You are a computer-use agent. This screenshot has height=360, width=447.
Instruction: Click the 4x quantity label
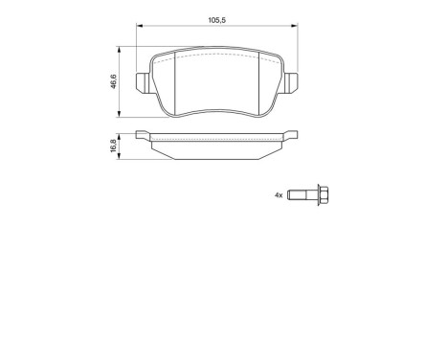(279, 194)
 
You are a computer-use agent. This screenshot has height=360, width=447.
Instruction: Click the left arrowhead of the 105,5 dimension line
(138, 26)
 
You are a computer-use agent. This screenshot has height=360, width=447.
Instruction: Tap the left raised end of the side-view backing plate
(143, 134)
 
